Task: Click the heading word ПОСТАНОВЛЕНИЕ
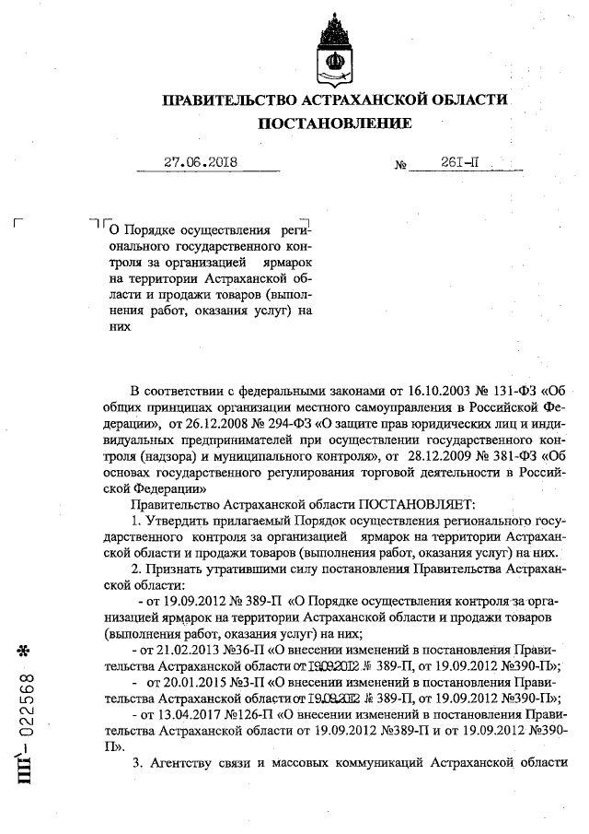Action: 334,123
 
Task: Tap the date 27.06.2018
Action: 202,162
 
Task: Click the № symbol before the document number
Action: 400,166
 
